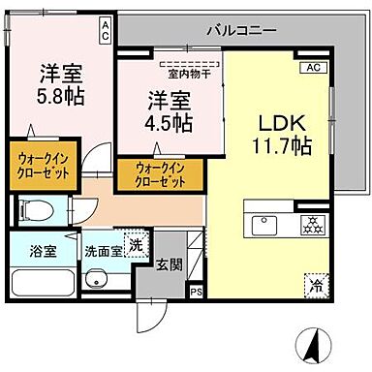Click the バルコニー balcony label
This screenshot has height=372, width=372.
point(240,30)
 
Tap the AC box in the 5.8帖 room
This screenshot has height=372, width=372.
point(104,31)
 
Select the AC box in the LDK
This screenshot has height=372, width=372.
point(313,68)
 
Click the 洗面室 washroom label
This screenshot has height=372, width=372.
point(101,250)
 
